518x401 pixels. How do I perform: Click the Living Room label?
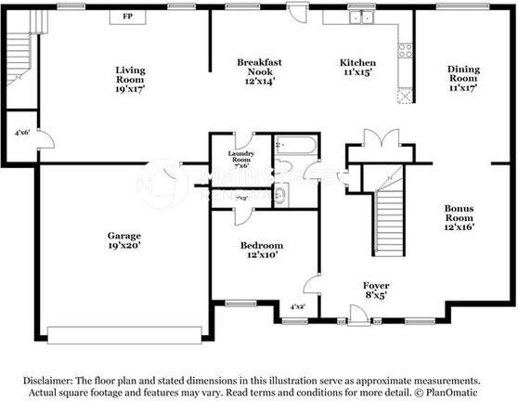tap(130, 81)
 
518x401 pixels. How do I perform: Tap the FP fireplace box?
tap(126, 17)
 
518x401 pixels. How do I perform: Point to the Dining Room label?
tap(462, 78)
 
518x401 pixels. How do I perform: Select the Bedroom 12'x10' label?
tap(261, 251)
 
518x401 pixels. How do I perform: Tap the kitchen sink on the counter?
tap(357, 17)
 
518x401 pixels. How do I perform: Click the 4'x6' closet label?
tap(21, 133)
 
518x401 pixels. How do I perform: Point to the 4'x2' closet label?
tap(297, 305)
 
